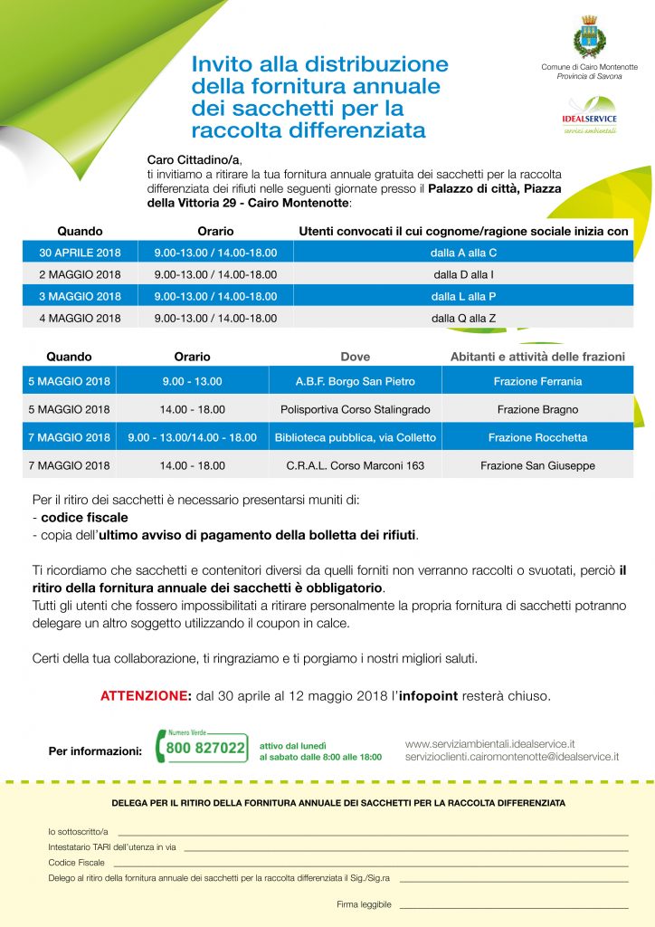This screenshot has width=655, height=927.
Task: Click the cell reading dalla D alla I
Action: (463, 273)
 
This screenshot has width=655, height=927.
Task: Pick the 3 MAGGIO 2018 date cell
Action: (80, 296)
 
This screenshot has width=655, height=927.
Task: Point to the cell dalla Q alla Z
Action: (463, 318)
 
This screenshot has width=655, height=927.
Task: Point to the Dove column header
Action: (356, 357)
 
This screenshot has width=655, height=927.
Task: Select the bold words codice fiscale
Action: (84, 518)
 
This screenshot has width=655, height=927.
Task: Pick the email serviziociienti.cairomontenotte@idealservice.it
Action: (512, 756)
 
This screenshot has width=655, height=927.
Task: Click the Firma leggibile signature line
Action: (513, 905)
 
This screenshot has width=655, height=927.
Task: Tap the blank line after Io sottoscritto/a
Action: (372, 833)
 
